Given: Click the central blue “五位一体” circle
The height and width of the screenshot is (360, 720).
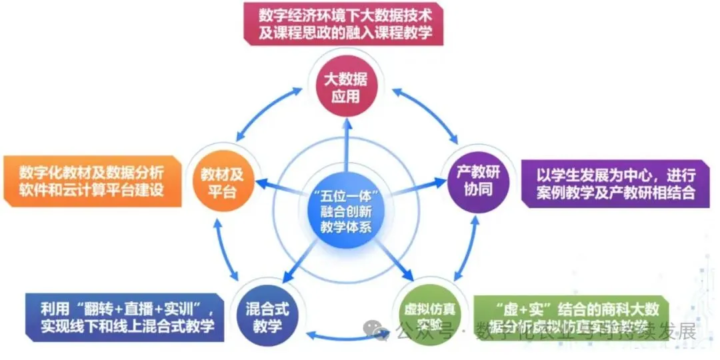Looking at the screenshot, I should (x=346, y=209).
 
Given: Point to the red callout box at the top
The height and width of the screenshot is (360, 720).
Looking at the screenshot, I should (x=342, y=24).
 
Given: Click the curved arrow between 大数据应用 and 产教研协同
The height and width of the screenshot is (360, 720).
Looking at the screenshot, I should (x=427, y=110).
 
